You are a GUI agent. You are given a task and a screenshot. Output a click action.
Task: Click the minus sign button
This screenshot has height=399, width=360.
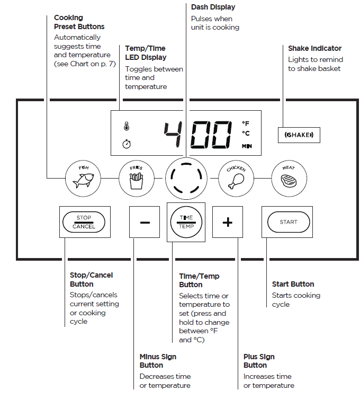[x=145, y=222]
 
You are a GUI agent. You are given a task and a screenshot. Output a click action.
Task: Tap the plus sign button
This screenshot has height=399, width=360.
[x=227, y=222]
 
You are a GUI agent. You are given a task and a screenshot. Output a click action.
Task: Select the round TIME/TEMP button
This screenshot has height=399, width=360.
[x=186, y=222]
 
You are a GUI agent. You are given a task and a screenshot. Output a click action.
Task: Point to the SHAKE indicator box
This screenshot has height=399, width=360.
[x=299, y=135]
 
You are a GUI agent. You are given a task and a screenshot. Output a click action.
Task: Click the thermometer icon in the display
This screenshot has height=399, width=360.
[x=127, y=127]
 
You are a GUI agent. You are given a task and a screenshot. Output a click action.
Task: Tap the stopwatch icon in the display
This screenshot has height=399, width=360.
[x=127, y=144]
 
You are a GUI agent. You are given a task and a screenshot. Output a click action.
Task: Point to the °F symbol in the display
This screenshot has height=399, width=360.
[x=246, y=123]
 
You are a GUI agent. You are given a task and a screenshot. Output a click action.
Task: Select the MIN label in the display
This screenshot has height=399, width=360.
[x=247, y=146]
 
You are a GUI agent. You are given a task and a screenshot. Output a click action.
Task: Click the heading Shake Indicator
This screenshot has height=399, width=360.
[x=314, y=48]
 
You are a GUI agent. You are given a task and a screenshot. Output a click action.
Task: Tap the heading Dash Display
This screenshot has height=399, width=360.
[x=213, y=7]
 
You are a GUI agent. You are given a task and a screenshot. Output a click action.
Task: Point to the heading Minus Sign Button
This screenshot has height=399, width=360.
[x=158, y=361]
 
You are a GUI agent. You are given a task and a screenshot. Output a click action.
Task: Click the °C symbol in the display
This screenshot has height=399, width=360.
[x=246, y=134]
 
